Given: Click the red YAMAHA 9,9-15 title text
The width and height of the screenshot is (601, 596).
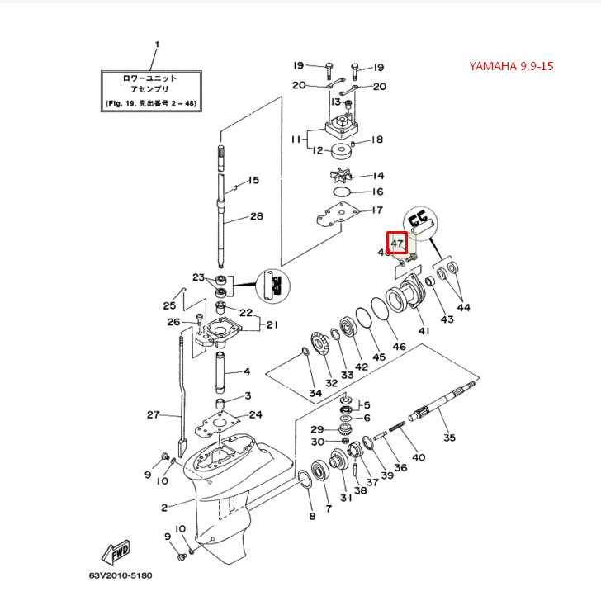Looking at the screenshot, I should tap(523, 66).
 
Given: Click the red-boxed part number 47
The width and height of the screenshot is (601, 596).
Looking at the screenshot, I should tap(398, 244).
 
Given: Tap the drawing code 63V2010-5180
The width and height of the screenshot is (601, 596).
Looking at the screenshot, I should tap(121, 575).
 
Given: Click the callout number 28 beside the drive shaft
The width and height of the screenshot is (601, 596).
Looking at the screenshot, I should tap(256, 216).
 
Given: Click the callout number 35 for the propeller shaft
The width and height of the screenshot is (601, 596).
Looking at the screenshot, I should tap(449, 438).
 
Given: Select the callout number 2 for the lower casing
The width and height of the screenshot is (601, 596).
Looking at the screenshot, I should tap(164, 507).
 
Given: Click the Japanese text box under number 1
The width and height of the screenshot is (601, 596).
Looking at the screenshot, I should tap(149, 91).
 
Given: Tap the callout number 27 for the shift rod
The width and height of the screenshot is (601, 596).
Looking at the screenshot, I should tap(153, 414).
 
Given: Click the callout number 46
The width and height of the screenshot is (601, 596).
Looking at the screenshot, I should tap(399, 348).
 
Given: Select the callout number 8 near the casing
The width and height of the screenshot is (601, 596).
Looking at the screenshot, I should tap(311, 517).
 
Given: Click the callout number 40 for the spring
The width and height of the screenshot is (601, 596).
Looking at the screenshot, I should tap(419, 457).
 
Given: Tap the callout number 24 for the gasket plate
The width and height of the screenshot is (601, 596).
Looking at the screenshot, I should tap(256, 414).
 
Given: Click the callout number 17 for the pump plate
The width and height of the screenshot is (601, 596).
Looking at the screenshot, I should tap(377, 210).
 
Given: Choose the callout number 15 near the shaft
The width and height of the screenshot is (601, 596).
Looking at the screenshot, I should tap(254, 180).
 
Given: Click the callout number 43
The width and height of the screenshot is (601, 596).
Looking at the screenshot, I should tap(447, 319).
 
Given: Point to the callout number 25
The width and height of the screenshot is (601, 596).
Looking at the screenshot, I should tap(168, 305).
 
